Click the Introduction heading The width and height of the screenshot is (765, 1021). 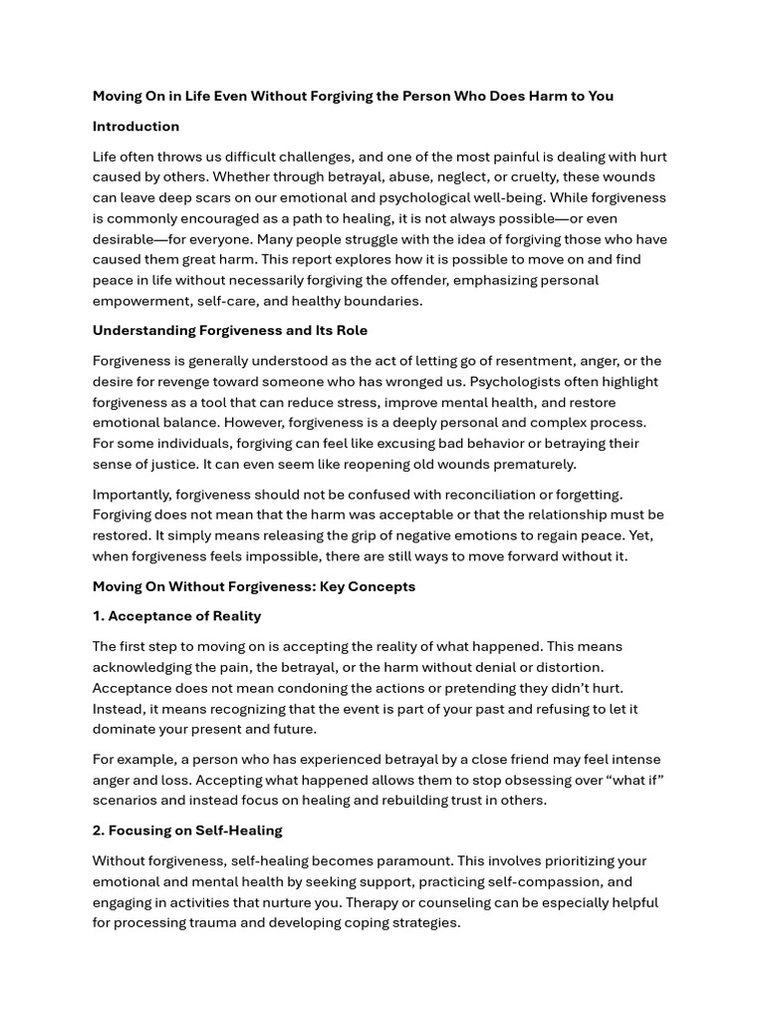click(135, 127)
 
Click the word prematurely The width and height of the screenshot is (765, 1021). click(533, 464)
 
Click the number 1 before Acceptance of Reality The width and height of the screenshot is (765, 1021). click(98, 616)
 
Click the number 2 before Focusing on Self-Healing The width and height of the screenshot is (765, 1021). click(98, 831)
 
